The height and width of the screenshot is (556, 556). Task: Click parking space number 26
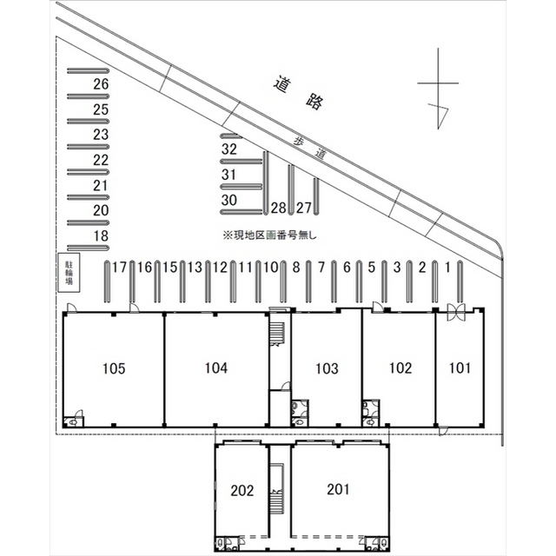point(101,84)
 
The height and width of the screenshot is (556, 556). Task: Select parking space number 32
point(229,149)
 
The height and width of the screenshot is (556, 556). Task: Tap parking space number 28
point(278,208)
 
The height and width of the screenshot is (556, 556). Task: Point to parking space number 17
point(120,268)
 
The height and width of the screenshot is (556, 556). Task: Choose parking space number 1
point(447,268)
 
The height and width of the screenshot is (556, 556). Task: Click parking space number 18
point(101,235)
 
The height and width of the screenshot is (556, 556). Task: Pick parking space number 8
point(296,268)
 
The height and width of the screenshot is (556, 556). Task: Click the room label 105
point(114,368)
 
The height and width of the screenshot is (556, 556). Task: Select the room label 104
point(216,367)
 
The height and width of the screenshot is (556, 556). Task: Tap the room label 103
point(327,368)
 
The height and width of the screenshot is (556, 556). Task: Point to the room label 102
point(400,367)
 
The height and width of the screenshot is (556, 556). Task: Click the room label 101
point(460,367)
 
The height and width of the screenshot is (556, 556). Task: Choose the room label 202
point(242,491)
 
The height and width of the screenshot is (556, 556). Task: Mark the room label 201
point(338,490)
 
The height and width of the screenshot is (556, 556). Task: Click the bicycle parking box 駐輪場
point(69,273)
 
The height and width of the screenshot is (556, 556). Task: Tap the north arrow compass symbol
point(438,89)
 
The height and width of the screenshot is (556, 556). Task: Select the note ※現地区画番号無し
point(269,235)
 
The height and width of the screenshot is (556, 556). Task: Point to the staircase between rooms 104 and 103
point(277,334)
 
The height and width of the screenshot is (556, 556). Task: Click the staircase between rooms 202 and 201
point(277,488)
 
